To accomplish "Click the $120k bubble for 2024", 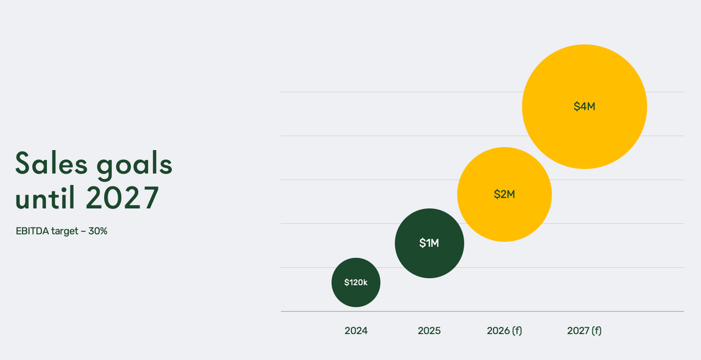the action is click(356, 282).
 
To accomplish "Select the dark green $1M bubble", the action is click(429, 243).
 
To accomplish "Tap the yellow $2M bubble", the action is click(505, 195).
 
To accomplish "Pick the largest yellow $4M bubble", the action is click(585, 107).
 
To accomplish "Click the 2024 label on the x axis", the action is click(356, 331).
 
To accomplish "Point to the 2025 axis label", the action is click(429, 331).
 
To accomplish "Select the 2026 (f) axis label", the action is click(505, 331).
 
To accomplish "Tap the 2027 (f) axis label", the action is click(585, 331).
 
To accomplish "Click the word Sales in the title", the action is click(51, 163).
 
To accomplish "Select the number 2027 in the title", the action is click(122, 198).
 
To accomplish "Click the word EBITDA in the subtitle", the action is click(32, 231).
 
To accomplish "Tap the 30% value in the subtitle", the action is click(98, 231).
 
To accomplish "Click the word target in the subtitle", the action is click(65, 231).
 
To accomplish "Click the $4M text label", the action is click(585, 106).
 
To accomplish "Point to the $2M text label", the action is click(505, 195).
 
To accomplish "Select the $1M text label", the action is click(429, 243).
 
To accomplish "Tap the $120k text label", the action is click(356, 282).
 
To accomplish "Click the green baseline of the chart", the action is click(483, 311).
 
